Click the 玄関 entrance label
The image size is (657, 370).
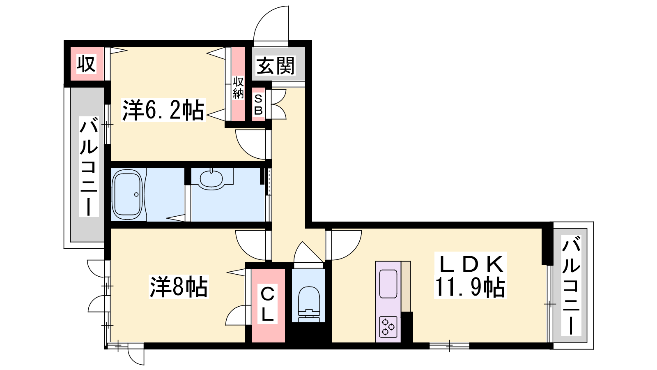click(x=275, y=66)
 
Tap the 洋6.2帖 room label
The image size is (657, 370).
click(x=163, y=110)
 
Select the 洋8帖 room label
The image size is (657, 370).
click(x=179, y=287)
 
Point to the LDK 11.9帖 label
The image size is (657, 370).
click(x=470, y=275)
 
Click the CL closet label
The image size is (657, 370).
click(x=267, y=305)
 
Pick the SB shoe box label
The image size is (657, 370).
click(x=258, y=104)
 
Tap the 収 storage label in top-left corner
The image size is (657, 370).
click(x=86, y=64)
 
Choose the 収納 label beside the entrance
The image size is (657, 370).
click(x=238, y=88)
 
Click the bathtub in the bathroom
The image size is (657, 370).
click(x=128, y=194)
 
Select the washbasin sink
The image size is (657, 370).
click(x=211, y=178)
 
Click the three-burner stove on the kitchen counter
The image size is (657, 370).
click(x=388, y=326)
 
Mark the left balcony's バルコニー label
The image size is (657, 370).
click(x=89, y=166)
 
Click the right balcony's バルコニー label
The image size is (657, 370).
click(x=571, y=285)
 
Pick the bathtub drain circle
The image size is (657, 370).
click(x=136, y=194)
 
